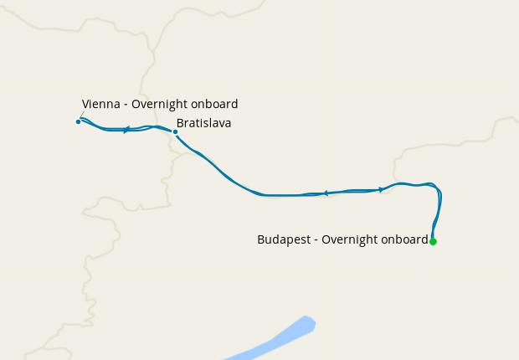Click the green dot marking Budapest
(433, 241)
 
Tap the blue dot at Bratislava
(175, 131)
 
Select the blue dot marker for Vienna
(79, 121)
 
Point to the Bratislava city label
(203, 123)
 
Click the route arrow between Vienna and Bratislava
(126, 130)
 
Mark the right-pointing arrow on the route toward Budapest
(381, 190)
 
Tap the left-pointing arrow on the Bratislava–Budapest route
(325, 193)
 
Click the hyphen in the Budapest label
(316, 240)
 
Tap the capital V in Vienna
(85, 105)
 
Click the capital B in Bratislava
(180, 123)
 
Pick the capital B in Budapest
(261, 239)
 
